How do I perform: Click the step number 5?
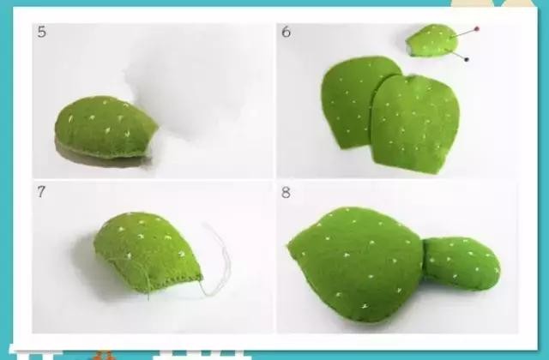[x=42, y=32]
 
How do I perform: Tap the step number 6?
[x=286, y=32]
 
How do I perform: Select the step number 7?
[x=41, y=191]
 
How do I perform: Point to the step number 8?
[x=286, y=192]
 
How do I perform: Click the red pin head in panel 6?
[x=476, y=28]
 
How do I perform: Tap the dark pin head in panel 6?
[x=466, y=59]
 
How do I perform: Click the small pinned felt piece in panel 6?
[x=432, y=40]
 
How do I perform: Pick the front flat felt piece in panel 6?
[x=415, y=123]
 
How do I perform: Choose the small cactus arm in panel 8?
[x=462, y=262]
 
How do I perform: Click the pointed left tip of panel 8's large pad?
[x=288, y=245]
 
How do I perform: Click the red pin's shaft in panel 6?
[x=464, y=33]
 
